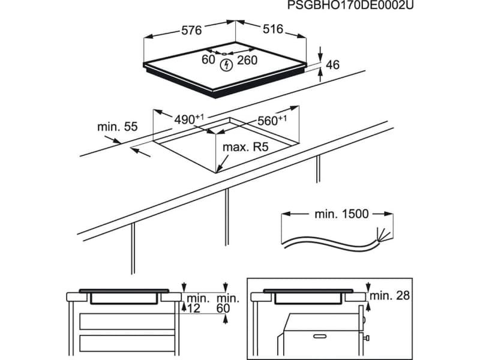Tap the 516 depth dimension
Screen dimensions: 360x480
(x=272, y=29)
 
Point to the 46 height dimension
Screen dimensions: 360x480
(x=332, y=65)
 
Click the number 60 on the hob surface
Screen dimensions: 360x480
(x=208, y=59)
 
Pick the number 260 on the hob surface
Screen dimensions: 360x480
(x=247, y=60)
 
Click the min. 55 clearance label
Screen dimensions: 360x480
(x=118, y=127)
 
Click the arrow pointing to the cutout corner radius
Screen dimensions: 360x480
(x=222, y=162)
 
